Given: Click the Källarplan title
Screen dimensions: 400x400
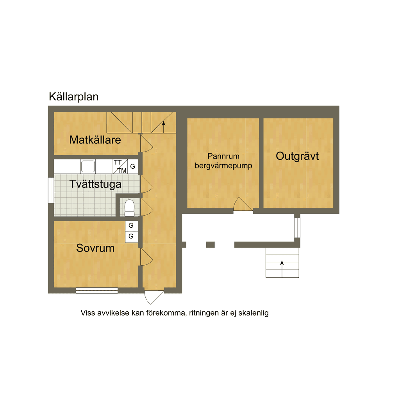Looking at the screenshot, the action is pos(73,97).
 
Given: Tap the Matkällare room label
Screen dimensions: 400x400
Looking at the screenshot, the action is pos(95,140).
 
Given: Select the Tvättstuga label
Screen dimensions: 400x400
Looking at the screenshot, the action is pos(95,184).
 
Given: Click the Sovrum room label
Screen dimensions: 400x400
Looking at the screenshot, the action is pos(95,248).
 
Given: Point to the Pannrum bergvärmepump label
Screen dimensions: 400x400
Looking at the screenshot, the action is pos(223,161).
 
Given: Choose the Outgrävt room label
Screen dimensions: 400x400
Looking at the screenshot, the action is pos(297,156).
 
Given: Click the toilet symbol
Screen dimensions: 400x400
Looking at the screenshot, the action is pos(129,208).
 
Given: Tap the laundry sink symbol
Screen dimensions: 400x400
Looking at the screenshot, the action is pos(88,166).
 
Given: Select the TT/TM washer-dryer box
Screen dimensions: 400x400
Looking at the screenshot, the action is pos(120,166).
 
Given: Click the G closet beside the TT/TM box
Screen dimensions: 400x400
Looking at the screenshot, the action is pos(133,166).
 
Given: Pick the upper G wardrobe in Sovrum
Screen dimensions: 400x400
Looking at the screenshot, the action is pos(132,226).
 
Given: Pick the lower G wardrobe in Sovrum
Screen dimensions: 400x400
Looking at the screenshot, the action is pos(132,237).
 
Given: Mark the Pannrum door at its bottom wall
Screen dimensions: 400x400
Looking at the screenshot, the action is pos(243,204).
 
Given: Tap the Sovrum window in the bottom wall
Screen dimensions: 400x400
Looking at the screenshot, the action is pos(97,290).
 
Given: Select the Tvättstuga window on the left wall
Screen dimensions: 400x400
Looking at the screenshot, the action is pos(51,190).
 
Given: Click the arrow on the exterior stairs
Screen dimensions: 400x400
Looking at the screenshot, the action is pos(282,269).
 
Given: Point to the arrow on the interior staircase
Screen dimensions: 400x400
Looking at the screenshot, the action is pos(164,127).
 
